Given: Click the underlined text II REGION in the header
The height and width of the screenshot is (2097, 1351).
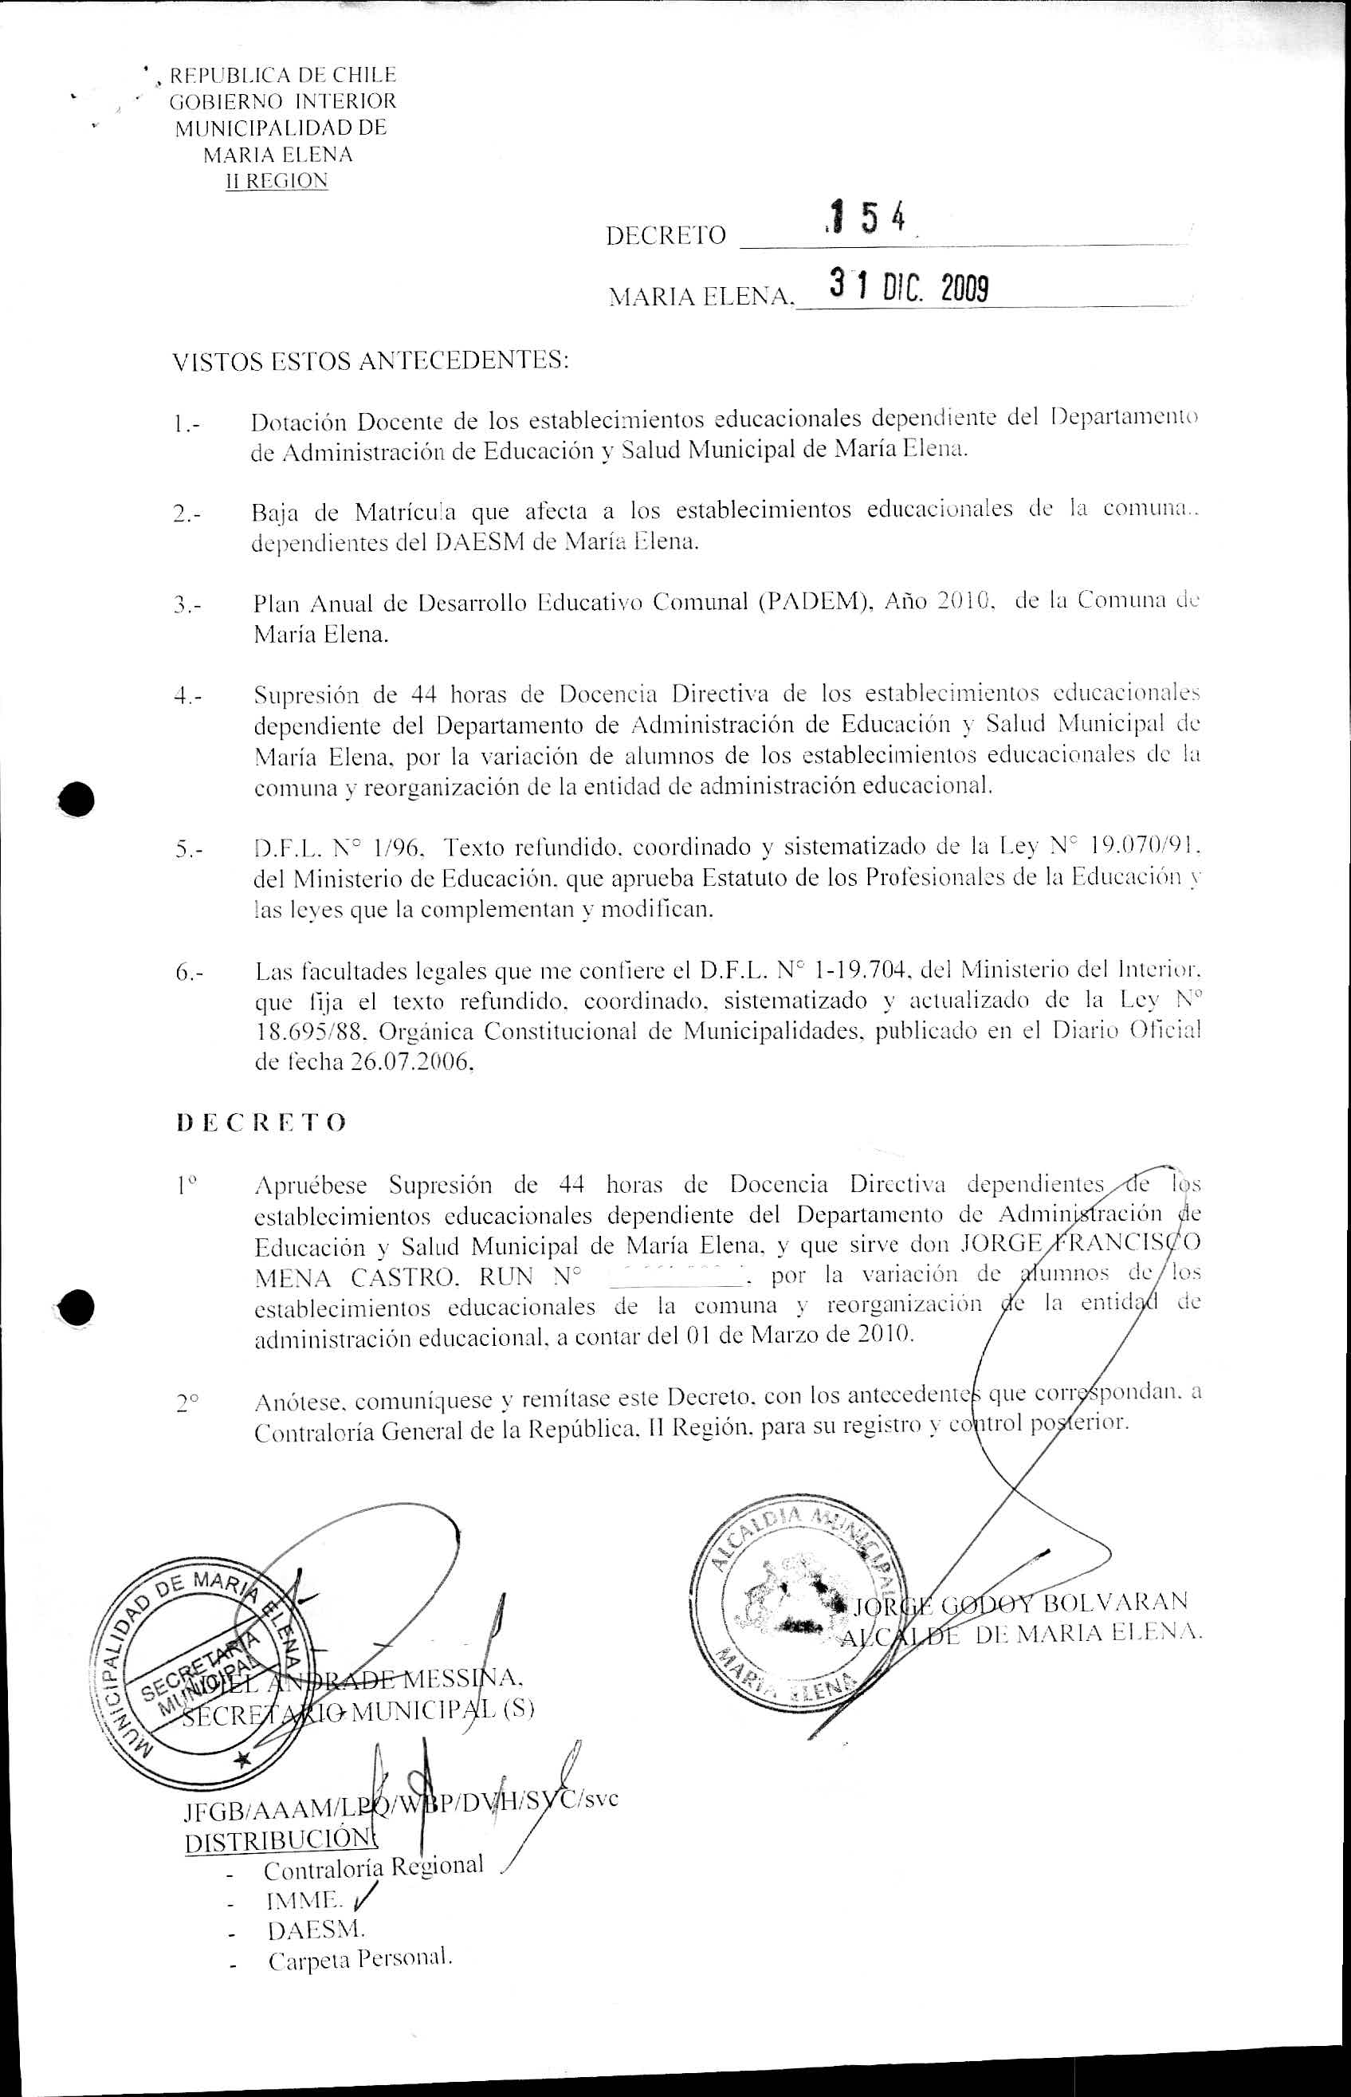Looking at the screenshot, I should pyautogui.click(x=277, y=181).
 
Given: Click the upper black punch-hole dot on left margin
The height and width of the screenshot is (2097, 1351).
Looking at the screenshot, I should pyautogui.click(x=77, y=797).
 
